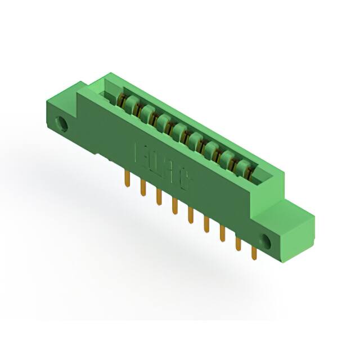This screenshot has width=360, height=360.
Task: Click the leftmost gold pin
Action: pyautogui.click(x=127, y=179)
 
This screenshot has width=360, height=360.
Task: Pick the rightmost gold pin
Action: pyautogui.click(x=254, y=253)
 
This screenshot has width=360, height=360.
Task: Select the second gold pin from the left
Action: pyautogui.click(x=143, y=188)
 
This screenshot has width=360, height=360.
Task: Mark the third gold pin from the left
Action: pyautogui.click(x=159, y=197)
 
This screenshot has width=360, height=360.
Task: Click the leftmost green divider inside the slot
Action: pyautogui.click(x=130, y=102)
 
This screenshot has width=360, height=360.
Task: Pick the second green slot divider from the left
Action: pyautogui.click(x=147, y=111)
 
